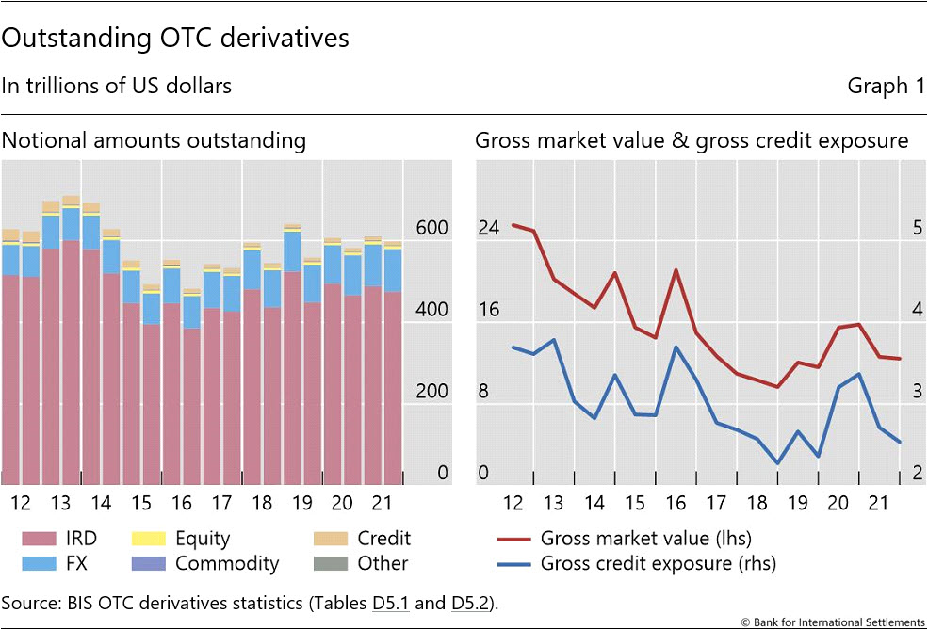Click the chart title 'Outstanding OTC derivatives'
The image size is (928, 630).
pyautogui.click(x=175, y=39)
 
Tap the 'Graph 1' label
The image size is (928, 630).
pyautogui.click(x=886, y=87)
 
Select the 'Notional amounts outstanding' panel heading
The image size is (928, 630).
pyautogui.click(x=154, y=141)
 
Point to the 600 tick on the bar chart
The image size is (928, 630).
pyautogui.click(x=431, y=229)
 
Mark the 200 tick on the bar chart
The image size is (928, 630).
pyautogui.click(x=431, y=393)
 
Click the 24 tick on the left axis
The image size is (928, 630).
pyautogui.click(x=489, y=229)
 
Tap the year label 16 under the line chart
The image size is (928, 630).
pyautogui.click(x=675, y=501)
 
